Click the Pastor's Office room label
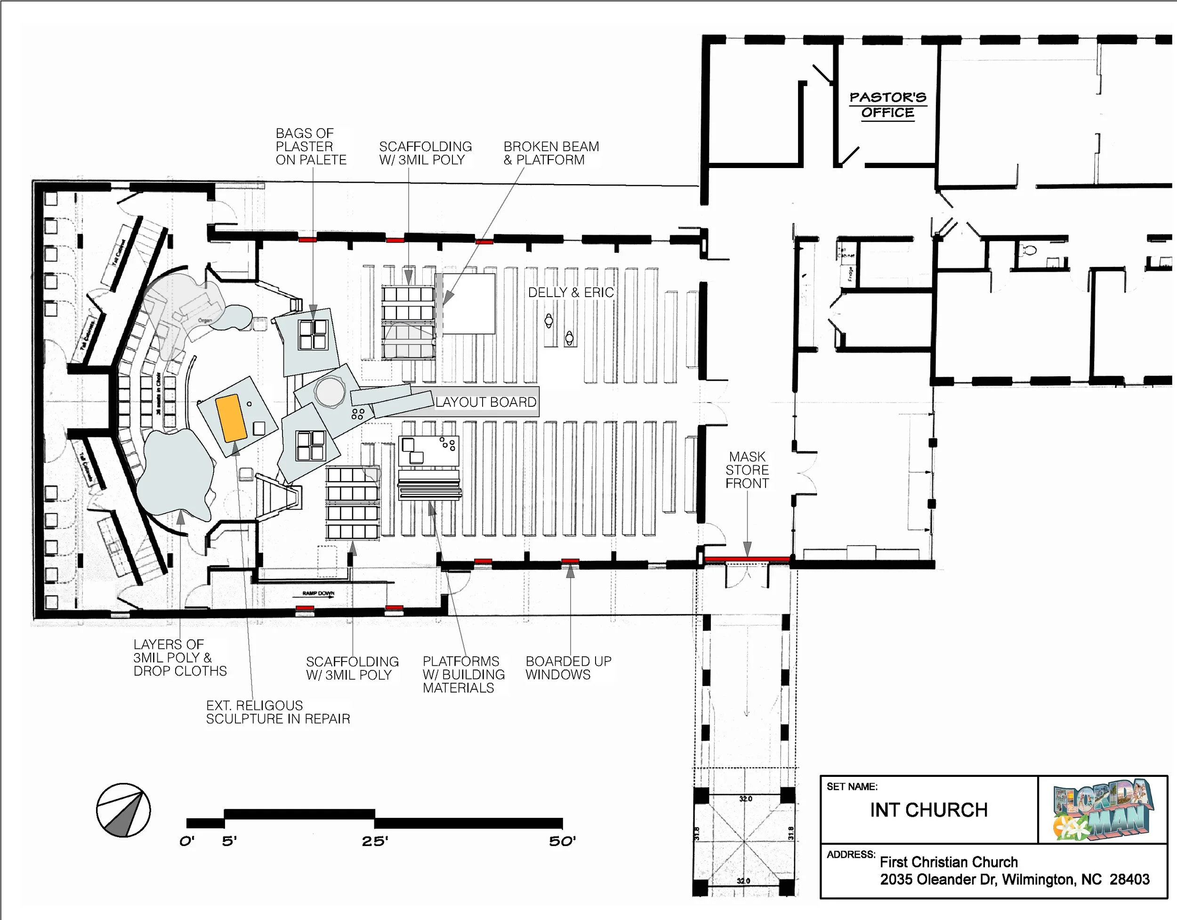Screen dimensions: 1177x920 coord(887,105)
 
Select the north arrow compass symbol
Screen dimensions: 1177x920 coord(123,810)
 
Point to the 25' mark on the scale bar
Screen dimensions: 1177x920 coord(375,841)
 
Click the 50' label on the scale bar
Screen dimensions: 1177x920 coord(562,841)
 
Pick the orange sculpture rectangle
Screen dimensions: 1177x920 coord(231,418)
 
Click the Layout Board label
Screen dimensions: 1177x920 coord(485,402)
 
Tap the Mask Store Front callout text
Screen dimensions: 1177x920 coord(747,470)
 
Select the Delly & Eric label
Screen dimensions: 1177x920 coord(571,292)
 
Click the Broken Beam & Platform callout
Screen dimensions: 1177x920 coord(551,153)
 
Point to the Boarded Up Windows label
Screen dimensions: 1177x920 coord(568,668)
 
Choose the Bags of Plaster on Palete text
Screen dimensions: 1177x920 coord(311,146)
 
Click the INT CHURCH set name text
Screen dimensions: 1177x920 coord(928,810)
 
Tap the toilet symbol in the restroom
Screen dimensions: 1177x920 coord(1029,250)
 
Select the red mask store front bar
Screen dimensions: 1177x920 coord(747,559)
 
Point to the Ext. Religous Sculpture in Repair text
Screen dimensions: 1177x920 coord(278,712)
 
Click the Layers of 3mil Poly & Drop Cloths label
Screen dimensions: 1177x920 coord(180,658)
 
